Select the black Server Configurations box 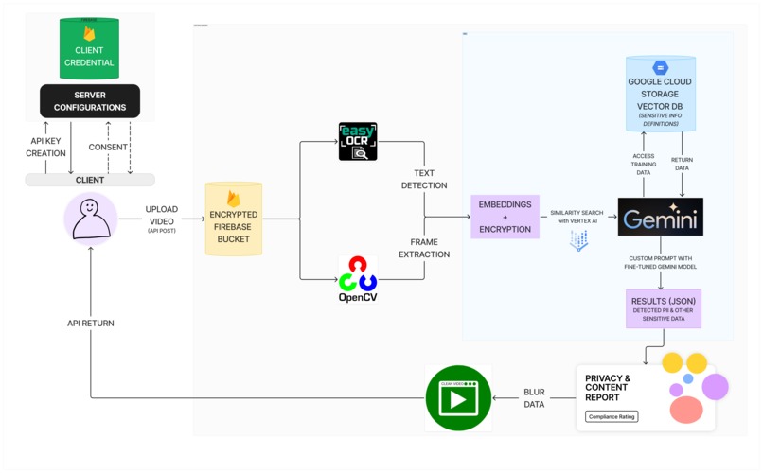(x=89, y=101)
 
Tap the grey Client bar (x=90, y=179)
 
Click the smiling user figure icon (x=90, y=218)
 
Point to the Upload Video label (x=161, y=216)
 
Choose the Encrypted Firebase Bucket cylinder (x=233, y=219)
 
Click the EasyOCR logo (x=358, y=142)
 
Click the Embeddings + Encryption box (x=505, y=217)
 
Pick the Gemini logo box (x=660, y=218)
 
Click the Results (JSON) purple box (x=663, y=308)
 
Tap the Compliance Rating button (x=612, y=416)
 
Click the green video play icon (x=458, y=398)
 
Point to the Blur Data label (x=535, y=398)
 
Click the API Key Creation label (x=45, y=147)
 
